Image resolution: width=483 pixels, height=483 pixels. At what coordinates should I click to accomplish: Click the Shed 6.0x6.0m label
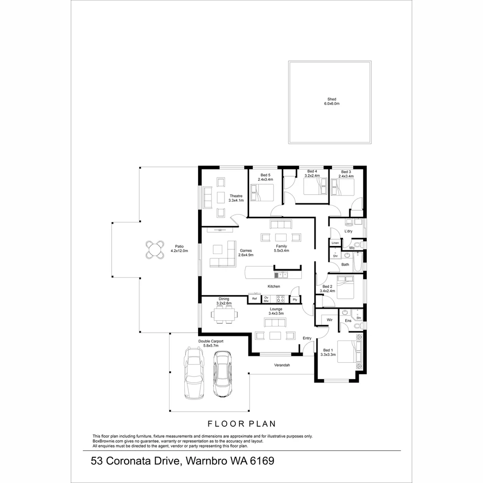(x=331, y=102)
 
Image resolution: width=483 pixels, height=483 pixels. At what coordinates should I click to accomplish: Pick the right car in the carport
(x=222, y=374)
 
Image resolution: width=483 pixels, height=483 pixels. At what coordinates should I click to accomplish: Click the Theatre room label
(x=236, y=198)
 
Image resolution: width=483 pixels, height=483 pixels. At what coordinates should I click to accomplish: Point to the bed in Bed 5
(x=262, y=193)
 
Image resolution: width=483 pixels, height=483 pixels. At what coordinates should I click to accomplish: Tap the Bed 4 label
(x=312, y=174)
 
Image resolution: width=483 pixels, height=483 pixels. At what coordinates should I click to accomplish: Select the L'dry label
(x=348, y=231)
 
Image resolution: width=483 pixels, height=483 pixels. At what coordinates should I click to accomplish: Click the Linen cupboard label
(x=335, y=243)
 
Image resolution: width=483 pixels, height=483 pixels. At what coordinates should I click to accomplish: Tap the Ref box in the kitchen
(x=254, y=298)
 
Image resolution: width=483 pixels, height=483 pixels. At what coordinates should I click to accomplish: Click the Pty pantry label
(x=295, y=300)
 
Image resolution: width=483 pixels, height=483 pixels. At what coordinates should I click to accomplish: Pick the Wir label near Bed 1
(x=330, y=320)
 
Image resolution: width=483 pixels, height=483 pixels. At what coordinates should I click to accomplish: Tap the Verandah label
(x=282, y=365)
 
